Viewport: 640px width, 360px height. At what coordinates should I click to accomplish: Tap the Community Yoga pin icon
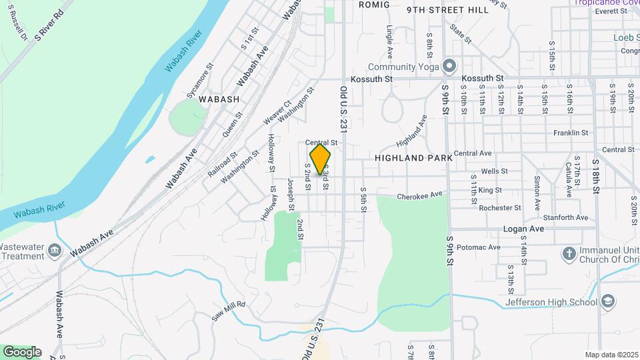click(x=449, y=66)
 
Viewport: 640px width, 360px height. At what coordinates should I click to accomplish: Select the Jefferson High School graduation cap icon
click(x=607, y=302)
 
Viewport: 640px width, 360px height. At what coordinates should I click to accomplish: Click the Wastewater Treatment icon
click(x=54, y=251)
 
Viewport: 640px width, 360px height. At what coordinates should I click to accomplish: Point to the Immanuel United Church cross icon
click(x=569, y=253)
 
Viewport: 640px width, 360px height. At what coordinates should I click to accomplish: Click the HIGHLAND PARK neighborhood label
click(x=413, y=158)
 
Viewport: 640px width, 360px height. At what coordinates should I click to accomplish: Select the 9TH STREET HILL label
click(x=441, y=10)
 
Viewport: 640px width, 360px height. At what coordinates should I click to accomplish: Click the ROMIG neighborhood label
click(x=374, y=4)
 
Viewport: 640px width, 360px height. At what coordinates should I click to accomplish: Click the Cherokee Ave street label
click(x=420, y=195)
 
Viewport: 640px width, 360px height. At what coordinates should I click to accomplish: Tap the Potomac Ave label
click(x=484, y=247)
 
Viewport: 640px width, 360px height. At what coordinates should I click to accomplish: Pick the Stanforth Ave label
click(x=565, y=217)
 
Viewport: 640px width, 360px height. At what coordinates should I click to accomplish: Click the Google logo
click(x=22, y=351)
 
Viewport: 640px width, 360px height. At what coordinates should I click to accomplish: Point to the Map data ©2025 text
click(x=611, y=355)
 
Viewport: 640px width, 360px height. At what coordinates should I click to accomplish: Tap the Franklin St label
click(x=571, y=133)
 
